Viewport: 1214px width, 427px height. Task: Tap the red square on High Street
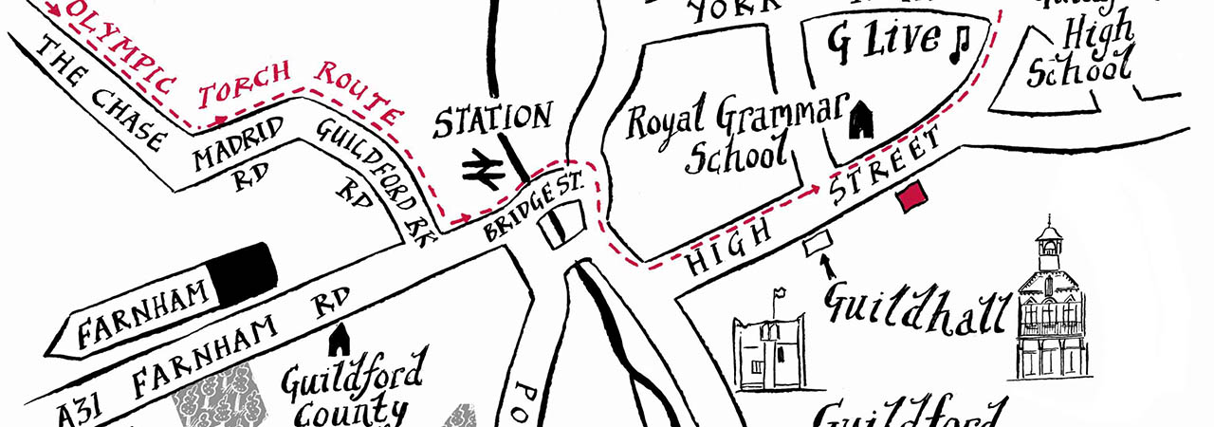pyautogui.click(x=912, y=196)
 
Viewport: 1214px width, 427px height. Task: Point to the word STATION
pyautogui.click(x=493, y=120)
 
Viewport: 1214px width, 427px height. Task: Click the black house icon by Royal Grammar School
pyautogui.click(x=860, y=118)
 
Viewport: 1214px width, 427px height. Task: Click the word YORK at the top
pyautogui.click(x=725, y=12)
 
